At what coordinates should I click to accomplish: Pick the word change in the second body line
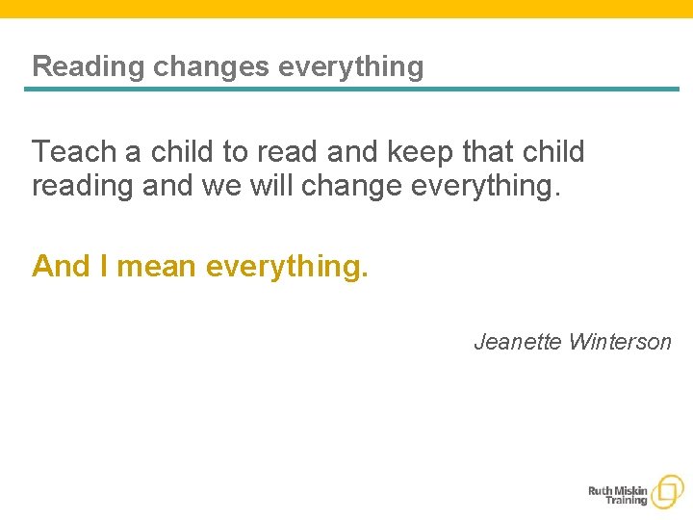(x=351, y=184)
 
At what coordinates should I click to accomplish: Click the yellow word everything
(x=287, y=266)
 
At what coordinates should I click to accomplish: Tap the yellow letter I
(x=104, y=266)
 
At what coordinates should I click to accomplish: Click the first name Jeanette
(x=517, y=342)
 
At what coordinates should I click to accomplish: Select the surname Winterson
(x=620, y=342)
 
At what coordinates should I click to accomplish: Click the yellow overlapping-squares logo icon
(x=667, y=491)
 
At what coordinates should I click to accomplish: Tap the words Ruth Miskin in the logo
(x=618, y=489)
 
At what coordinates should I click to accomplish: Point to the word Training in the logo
(x=627, y=501)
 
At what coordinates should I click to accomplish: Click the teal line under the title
(x=351, y=90)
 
